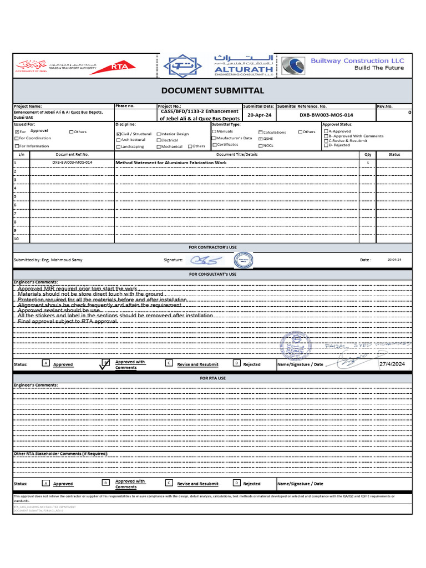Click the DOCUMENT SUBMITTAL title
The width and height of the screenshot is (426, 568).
coord(212,90)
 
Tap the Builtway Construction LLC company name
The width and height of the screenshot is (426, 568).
coord(357,60)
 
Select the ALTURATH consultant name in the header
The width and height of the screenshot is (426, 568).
coord(236,70)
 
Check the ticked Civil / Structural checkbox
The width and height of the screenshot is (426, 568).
coord(118,134)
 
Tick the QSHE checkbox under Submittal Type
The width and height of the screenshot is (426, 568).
coord(261,139)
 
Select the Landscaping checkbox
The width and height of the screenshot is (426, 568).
coord(118,147)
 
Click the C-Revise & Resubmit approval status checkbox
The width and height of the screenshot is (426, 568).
coord(326,141)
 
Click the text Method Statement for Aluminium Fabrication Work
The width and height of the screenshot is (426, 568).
coord(171,163)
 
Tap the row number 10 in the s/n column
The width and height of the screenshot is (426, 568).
coord(16,239)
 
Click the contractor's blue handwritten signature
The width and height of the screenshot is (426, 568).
coord(205,260)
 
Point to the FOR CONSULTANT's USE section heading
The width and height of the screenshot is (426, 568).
coord(212,274)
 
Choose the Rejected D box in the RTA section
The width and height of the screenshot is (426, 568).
coord(236,483)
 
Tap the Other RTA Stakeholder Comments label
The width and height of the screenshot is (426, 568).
coord(61,453)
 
